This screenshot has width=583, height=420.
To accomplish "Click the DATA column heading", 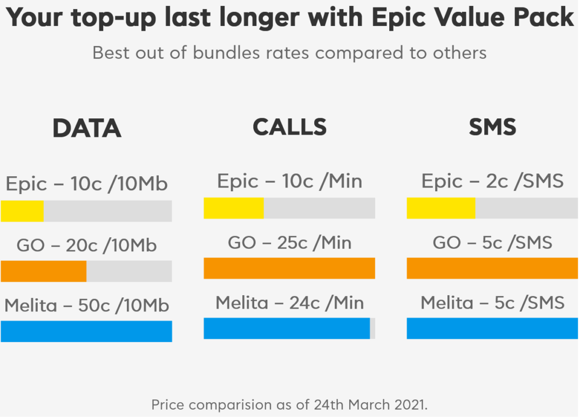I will [x=86, y=129].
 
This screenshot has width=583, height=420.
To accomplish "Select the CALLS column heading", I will [x=289, y=127].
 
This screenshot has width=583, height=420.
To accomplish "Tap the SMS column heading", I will [x=492, y=127].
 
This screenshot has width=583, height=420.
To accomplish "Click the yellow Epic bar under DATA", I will [x=22, y=211].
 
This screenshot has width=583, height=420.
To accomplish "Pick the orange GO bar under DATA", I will [x=43, y=271].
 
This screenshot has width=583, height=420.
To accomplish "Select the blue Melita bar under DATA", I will [x=86, y=331].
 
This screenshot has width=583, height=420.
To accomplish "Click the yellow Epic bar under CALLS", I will [x=233, y=208].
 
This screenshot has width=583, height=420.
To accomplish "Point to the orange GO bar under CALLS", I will [x=289, y=268].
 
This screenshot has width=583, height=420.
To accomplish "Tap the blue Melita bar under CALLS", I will [x=287, y=328].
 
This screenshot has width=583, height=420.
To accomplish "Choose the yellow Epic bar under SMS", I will [x=440, y=208].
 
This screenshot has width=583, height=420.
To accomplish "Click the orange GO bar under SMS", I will [x=492, y=268].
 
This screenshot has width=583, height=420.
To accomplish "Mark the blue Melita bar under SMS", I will [x=492, y=328].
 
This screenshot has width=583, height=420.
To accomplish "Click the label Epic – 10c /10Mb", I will [x=86, y=184].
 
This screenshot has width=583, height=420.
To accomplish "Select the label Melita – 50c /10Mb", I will [x=86, y=305].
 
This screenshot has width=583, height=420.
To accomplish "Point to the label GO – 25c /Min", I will [x=289, y=243].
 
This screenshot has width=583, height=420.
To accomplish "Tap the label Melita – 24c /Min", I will [x=289, y=303].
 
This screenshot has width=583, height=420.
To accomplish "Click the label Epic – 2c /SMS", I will [x=492, y=181].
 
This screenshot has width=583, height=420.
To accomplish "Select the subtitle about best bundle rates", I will [x=289, y=53].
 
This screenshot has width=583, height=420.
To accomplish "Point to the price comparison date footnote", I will [x=289, y=404].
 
